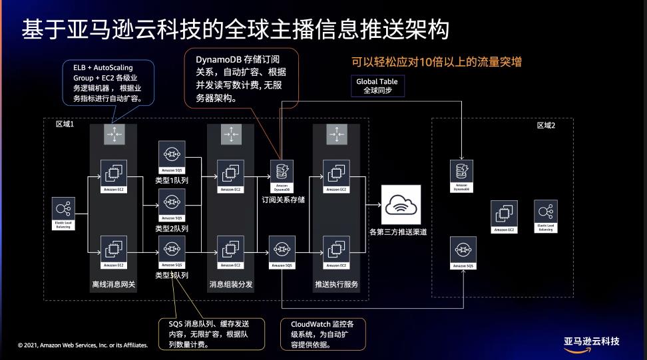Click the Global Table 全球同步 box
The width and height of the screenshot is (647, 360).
coord(377,86)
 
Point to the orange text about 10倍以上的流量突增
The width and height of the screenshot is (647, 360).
coord(436,62)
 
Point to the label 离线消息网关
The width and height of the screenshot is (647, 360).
coord(114,285)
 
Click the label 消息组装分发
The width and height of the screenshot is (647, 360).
coord(230,285)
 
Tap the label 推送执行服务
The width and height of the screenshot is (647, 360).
coord(336,285)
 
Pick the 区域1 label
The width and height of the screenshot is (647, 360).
coord(65,125)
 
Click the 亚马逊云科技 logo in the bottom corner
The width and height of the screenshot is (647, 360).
coord(591,342)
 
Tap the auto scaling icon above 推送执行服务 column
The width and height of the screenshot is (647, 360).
coord(336,134)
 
